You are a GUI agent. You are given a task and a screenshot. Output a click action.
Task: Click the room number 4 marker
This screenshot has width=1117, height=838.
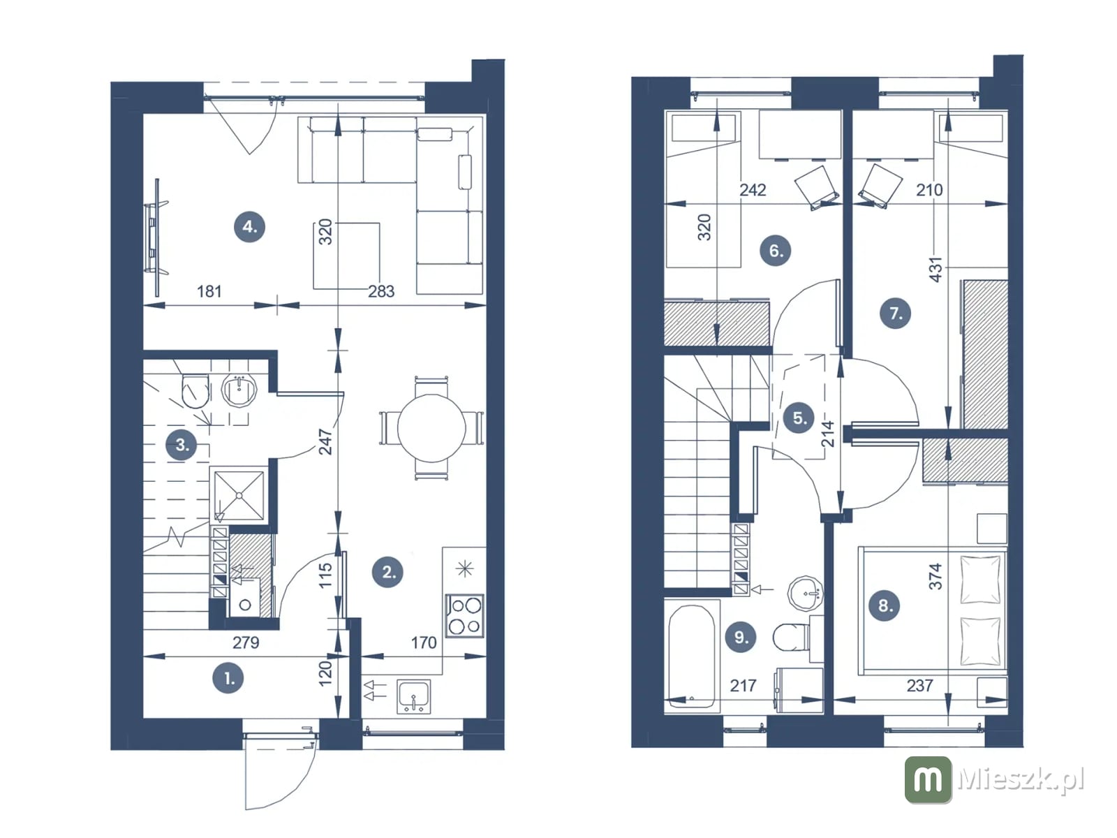pyautogui.click(x=249, y=226)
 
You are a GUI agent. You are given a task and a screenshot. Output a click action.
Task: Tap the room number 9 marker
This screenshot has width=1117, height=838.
pyautogui.click(x=741, y=636)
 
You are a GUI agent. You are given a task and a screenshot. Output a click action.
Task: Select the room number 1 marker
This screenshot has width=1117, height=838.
pyautogui.click(x=228, y=678)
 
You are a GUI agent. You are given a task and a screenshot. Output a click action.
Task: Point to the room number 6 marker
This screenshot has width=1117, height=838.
pyautogui.click(x=775, y=250)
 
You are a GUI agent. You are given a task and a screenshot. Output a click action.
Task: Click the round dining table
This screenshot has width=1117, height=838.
pyautogui.click(x=431, y=428)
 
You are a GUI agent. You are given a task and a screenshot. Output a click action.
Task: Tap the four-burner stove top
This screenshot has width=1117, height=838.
pyautogui.click(x=464, y=616)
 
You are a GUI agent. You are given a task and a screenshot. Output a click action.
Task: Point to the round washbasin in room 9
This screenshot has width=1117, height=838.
pyautogui.click(x=805, y=593)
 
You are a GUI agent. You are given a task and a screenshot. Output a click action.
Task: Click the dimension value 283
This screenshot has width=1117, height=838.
pyautogui.click(x=381, y=291)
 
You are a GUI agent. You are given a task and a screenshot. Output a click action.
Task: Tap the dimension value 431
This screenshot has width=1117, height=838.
pyautogui.click(x=935, y=270)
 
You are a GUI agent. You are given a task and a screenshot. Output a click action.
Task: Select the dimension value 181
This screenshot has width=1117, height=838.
pyautogui.click(x=209, y=291)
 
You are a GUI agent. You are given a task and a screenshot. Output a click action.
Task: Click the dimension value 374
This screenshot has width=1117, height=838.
pyautogui.click(x=935, y=577)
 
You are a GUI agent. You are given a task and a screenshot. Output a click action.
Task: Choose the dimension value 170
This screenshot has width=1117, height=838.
pyautogui.click(x=423, y=642)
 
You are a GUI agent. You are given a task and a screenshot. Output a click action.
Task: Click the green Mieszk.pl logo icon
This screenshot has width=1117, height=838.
pyautogui.click(x=928, y=779)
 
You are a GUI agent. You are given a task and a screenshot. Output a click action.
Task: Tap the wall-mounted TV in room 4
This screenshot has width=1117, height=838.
pyautogui.click(x=155, y=237)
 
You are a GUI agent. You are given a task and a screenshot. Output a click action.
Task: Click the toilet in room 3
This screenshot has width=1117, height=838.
pyautogui.click(x=195, y=392)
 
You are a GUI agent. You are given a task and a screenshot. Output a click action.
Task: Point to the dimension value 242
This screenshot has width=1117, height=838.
pyautogui.click(x=753, y=190)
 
